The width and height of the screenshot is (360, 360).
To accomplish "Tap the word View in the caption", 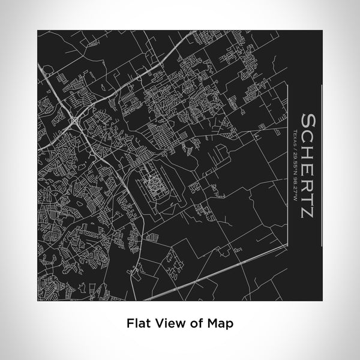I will (169, 322).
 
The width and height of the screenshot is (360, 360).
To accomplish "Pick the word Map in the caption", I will (221, 322).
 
